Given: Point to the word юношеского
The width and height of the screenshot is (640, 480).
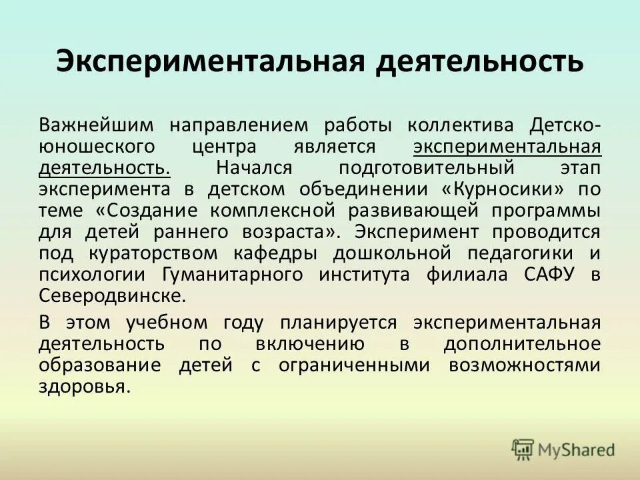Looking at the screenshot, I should tap(95, 147).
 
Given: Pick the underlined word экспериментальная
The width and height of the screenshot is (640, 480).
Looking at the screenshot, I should tap(507, 147).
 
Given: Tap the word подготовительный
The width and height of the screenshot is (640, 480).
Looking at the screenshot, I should tap(427, 167).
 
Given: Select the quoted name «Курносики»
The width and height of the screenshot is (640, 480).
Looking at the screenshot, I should tap(509, 189).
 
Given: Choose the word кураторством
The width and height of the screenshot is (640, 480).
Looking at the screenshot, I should tap(161, 253).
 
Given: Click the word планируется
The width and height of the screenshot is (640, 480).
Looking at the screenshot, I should tap(339, 323).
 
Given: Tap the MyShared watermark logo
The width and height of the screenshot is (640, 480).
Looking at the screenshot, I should tap(563, 449).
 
